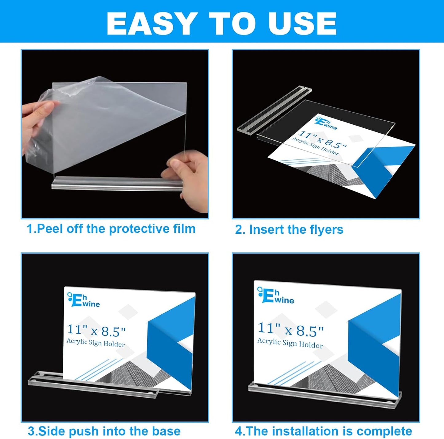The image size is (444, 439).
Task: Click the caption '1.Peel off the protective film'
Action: point(111,229)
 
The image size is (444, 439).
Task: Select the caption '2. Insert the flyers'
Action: point(289,230)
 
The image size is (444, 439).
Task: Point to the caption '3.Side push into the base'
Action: point(104,431)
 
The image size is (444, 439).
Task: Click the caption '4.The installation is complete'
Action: point(323,431)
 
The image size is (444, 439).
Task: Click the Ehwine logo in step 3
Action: point(84,300)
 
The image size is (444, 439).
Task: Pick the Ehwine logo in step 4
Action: point(276,296)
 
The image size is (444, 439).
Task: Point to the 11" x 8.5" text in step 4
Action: point(290,329)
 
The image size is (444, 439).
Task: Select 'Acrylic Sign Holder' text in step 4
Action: point(290,343)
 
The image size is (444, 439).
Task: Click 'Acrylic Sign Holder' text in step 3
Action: point(96,342)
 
